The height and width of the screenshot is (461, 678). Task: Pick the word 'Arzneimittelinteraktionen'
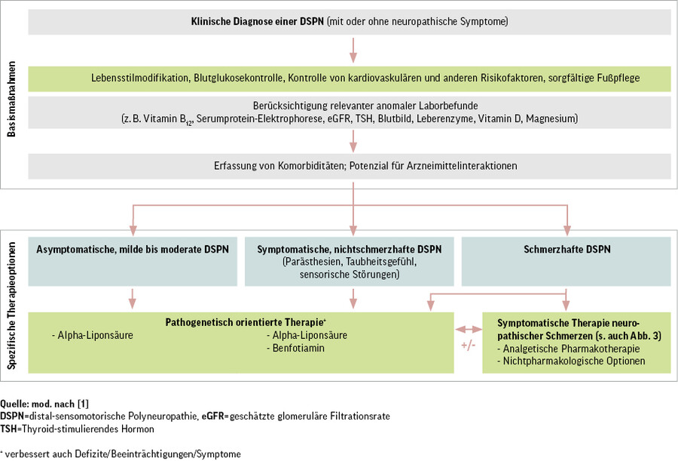[x=481, y=166]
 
